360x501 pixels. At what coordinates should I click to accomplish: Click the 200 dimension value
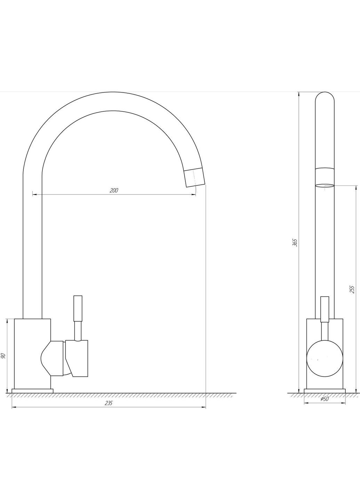coord(114,191)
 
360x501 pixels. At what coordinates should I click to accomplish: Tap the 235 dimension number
coord(109,403)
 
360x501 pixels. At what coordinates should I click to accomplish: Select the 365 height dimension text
coord(295,243)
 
